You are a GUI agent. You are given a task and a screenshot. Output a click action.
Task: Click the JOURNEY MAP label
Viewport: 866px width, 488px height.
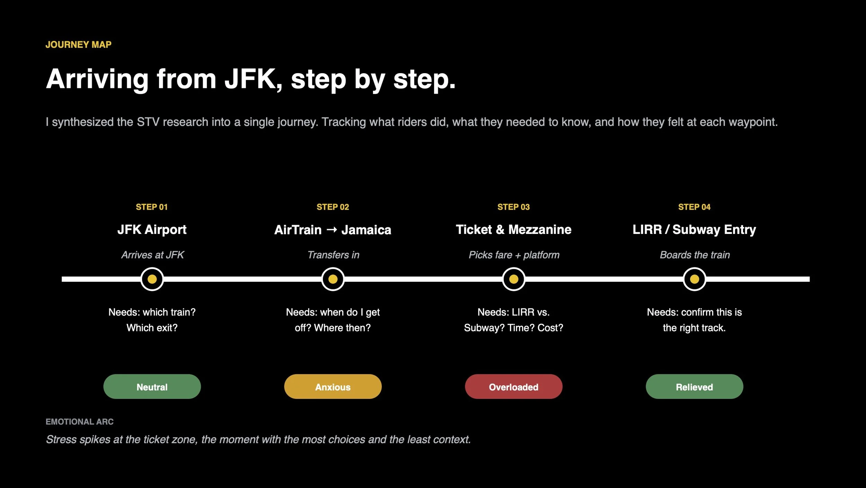coord(79,45)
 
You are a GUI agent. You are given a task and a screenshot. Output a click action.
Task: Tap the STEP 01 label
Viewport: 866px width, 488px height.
coord(152,207)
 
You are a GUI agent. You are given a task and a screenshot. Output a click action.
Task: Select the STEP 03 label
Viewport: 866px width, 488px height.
coord(513,207)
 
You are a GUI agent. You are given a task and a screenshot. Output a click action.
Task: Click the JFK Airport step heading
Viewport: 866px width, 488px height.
coord(152,229)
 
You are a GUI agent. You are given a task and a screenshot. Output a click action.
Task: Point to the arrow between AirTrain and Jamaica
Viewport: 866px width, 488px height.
coord(332,229)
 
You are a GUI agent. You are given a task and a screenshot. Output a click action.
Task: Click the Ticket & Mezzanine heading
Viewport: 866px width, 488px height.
coord(513,229)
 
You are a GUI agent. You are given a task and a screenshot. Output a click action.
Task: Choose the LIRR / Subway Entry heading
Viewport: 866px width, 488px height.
coord(694,229)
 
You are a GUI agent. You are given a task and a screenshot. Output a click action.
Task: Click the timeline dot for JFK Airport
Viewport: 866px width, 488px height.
coord(152,279)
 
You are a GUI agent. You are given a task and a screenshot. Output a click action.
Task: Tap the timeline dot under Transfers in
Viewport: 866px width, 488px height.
coord(333,279)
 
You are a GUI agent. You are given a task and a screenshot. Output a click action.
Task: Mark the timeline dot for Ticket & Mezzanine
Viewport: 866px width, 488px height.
coord(514,279)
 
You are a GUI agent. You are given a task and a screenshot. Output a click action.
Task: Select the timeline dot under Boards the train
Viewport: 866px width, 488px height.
coord(695,279)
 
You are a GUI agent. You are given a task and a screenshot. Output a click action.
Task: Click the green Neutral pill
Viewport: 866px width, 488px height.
coord(152,386)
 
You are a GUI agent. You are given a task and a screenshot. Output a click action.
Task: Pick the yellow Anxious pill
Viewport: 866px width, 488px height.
coord(333,386)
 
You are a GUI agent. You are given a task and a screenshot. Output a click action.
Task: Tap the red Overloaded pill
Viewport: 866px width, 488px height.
coord(514,386)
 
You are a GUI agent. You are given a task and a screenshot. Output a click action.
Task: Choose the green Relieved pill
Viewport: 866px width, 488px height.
coord(695,386)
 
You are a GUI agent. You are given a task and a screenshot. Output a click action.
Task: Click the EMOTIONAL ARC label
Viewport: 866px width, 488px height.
coord(80,422)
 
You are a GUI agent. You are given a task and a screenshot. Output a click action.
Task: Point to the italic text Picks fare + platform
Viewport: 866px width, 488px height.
coord(514,255)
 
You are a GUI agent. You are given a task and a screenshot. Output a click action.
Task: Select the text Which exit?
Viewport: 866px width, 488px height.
coord(152,328)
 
